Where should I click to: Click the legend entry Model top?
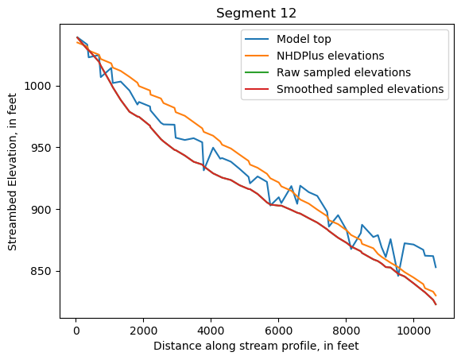pos(304,39)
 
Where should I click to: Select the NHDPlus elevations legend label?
pos(330,56)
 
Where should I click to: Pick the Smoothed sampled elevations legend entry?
pos(359,89)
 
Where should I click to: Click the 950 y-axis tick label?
pos(43,148)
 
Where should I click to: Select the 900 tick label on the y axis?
pos(43,210)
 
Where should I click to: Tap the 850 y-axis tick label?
pos(43,271)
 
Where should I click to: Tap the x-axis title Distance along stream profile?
pos(255,346)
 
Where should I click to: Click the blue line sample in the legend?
pos(258,39)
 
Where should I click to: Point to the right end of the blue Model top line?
pos(436,267)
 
